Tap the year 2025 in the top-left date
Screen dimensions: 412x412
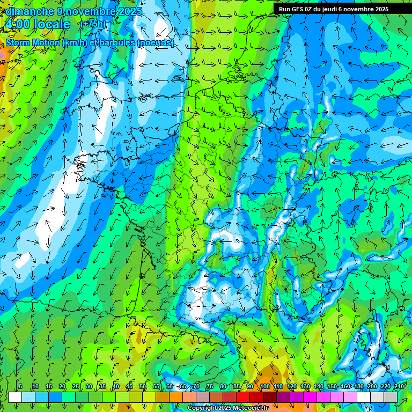pos(129,11)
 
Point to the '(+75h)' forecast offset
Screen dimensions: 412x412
pos(93,24)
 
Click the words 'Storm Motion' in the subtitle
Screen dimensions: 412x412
pos(33,42)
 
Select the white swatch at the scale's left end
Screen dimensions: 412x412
pos(15,398)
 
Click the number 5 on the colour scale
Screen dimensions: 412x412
pos(20,387)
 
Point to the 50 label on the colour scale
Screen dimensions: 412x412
pos(143,387)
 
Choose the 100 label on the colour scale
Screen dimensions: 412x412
pos(264,387)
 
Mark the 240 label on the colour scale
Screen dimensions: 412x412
pos(399,387)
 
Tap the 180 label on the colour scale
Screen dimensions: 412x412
pos(358,387)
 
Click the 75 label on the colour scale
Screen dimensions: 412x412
pos(210,387)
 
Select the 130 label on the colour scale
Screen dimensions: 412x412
pos(305,387)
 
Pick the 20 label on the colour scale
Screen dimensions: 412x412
pos(62,387)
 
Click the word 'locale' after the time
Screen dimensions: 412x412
pos(53,24)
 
